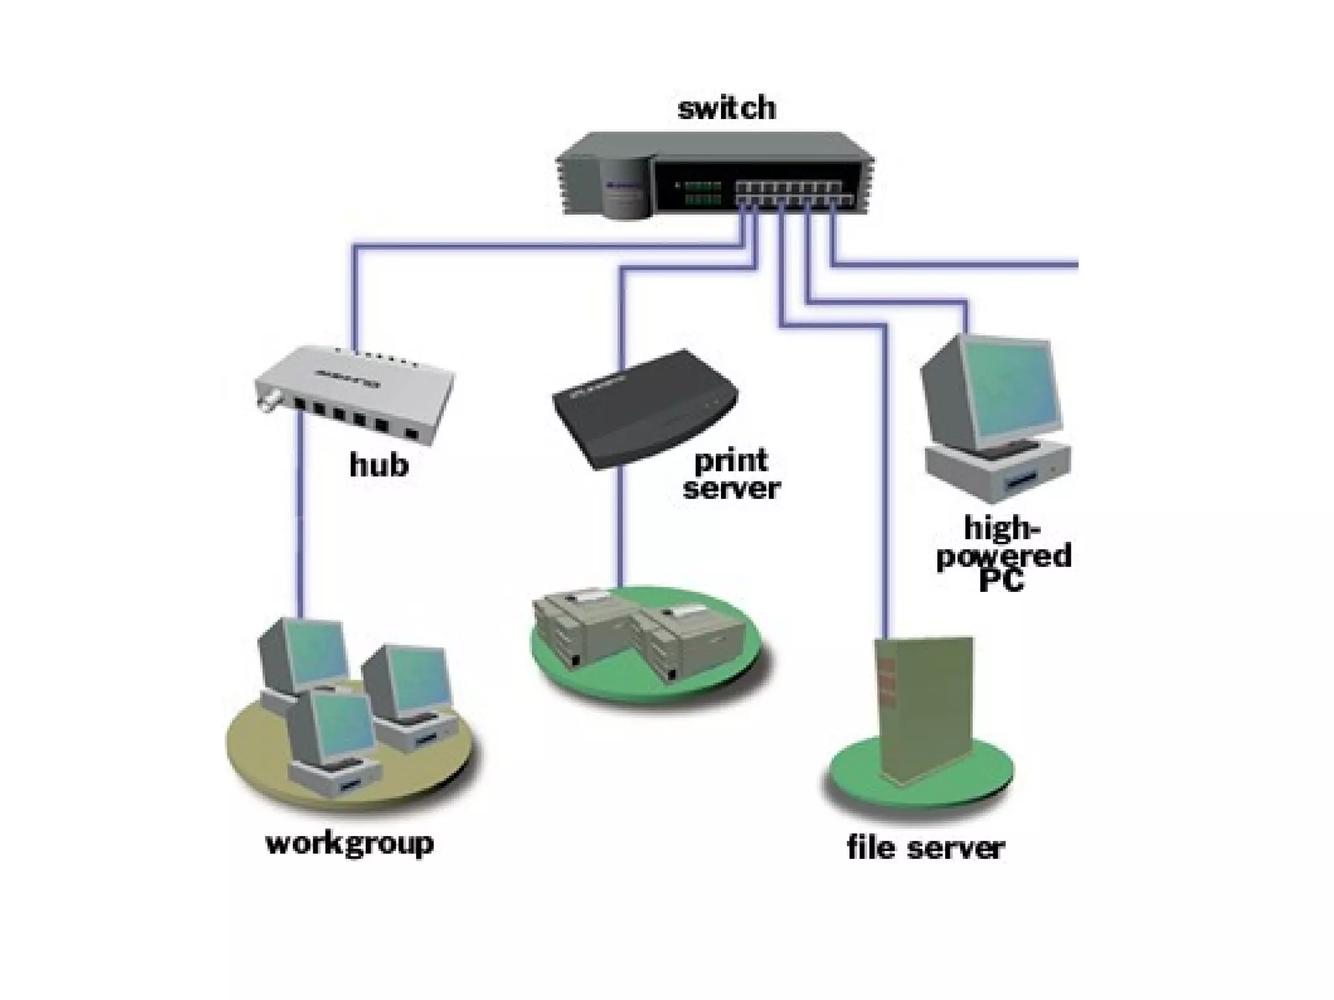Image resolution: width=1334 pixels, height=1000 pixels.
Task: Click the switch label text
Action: (x=726, y=108)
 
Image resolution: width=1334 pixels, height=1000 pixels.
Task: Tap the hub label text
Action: (x=378, y=465)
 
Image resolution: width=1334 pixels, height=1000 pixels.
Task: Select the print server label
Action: (x=731, y=475)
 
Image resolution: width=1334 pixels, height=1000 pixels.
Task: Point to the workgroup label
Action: (x=350, y=844)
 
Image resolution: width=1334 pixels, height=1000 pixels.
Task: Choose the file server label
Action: (x=926, y=848)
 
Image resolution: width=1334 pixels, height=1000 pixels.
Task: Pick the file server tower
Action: (x=925, y=710)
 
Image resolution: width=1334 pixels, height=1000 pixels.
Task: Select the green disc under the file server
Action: (x=847, y=781)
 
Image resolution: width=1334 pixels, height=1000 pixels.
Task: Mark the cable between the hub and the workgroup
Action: (x=300, y=521)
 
